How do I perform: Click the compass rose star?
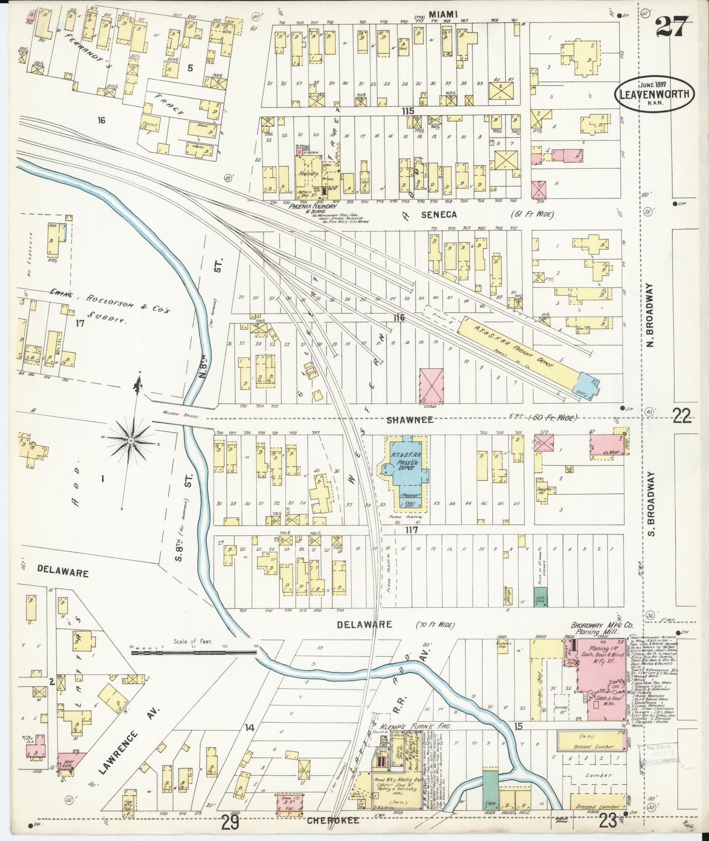[x=131, y=440]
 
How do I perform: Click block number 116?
[x=399, y=317]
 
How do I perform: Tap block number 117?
[x=411, y=531]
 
